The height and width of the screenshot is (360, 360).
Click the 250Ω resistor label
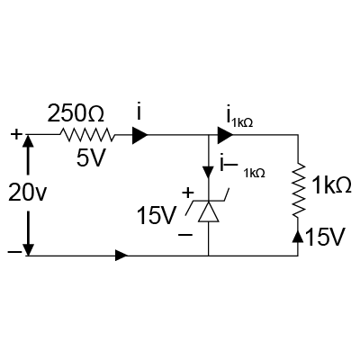[76, 113]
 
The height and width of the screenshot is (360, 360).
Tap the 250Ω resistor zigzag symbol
[87, 135]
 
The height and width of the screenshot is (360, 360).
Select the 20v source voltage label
[27, 192]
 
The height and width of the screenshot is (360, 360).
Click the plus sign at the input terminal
[16, 134]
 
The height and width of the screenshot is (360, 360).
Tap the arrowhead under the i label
[140, 135]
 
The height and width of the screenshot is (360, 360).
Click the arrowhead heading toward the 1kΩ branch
[226, 135]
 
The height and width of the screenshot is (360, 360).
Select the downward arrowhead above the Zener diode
[208, 171]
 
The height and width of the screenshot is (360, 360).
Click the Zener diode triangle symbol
[209, 211]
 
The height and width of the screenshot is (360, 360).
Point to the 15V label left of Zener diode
[156, 216]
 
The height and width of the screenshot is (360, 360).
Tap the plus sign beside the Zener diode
[188, 193]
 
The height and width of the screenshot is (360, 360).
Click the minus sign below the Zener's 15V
[185, 234]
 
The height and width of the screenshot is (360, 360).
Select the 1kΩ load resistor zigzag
[298, 190]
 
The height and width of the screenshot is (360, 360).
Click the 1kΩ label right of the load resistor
[331, 185]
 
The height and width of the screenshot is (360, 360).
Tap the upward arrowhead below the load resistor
[298, 237]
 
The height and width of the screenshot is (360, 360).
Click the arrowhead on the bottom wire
[121, 256]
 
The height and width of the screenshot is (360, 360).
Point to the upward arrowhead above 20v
[28, 142]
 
